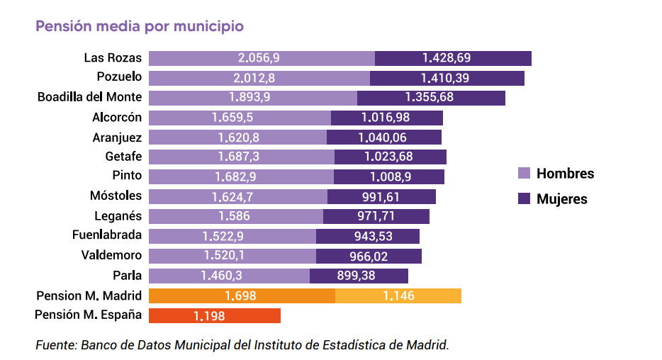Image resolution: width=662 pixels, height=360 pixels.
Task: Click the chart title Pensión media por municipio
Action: (x=140, y=26)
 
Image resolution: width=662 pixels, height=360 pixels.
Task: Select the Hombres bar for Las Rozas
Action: (x=262, y=58)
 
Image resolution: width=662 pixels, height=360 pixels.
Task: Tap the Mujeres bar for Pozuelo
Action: (x=447, y=78)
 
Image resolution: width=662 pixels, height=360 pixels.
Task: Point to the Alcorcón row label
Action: (x=117, y=118)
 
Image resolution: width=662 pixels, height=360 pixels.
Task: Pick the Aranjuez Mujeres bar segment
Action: (x=383, y=137)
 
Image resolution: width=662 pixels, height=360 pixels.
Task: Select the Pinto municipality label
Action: (x=127, y=176)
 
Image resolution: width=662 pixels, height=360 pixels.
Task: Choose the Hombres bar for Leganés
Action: (x=235, y=216)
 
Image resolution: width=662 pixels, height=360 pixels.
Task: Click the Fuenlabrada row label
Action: (x=107, y=235)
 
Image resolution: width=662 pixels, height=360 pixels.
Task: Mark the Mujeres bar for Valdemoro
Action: (x=369, y=256)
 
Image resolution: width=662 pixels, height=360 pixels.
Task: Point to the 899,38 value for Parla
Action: (x=358, y=276)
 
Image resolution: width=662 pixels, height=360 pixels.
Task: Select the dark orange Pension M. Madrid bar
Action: (x=241, y=296)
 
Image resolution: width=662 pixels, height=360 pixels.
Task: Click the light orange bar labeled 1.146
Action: (x=398, y=296)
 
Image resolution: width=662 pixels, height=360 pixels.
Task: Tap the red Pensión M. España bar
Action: (x=214, y=315)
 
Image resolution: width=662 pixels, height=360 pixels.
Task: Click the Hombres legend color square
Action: (x=524, y=174)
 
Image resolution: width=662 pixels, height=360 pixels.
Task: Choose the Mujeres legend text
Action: (x=561, y=199)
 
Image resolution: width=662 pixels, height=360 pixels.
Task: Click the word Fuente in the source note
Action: (x=56, y=345)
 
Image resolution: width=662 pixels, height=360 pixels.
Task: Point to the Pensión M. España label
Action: (x=89, y=315)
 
